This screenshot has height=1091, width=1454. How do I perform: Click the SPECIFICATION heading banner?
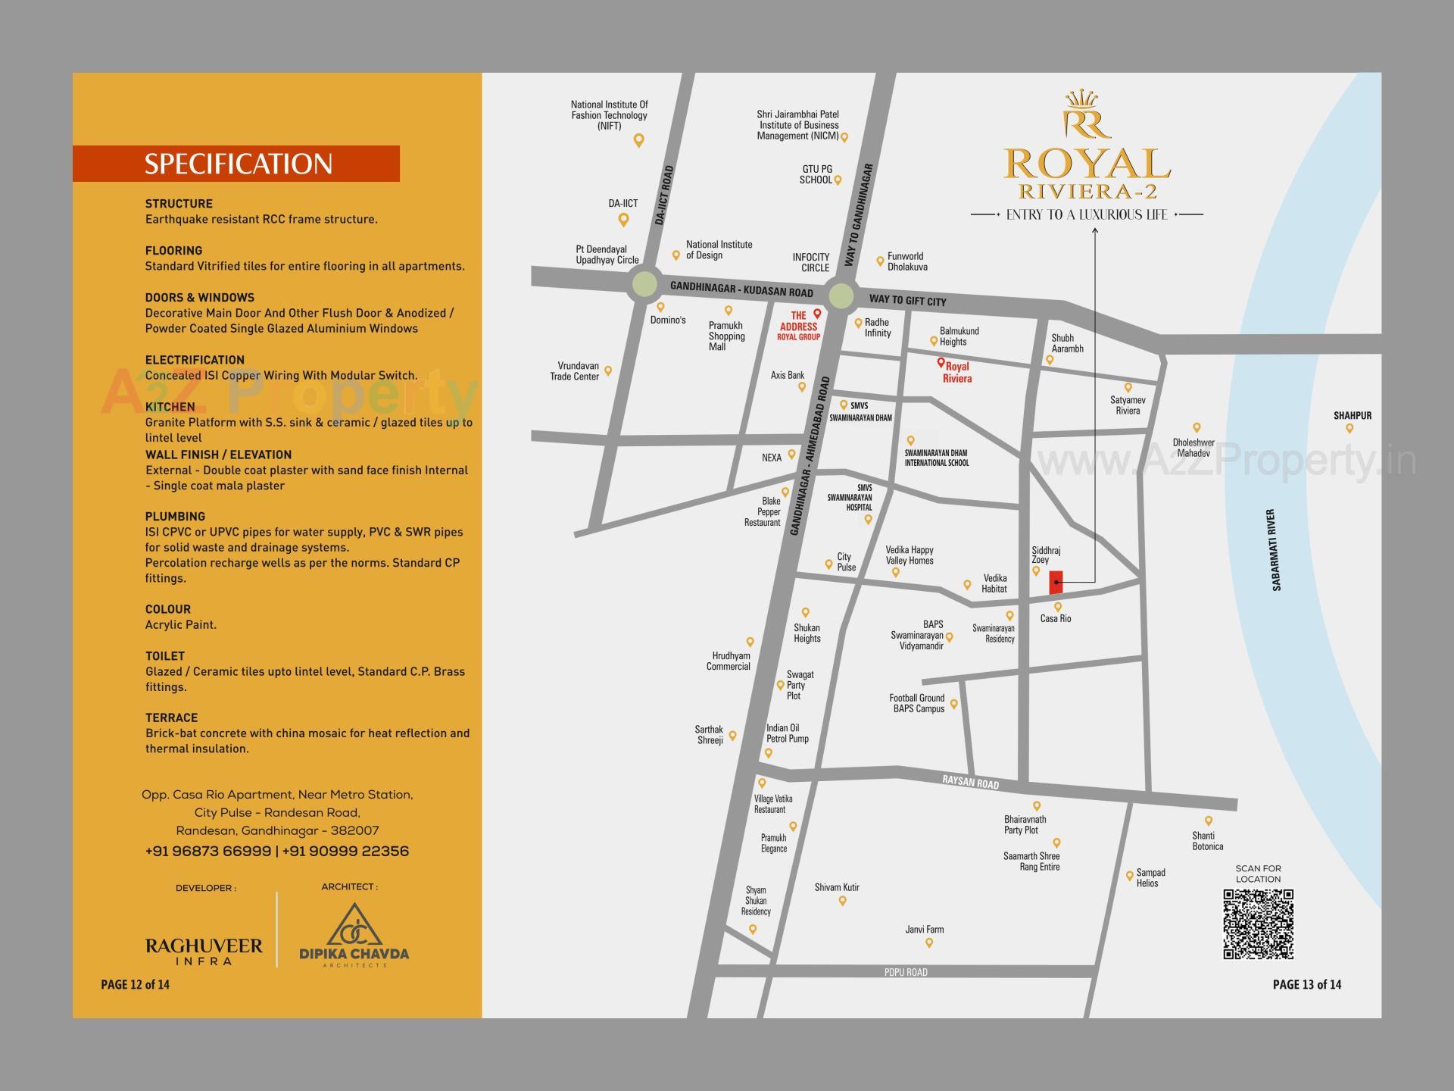[237, 164]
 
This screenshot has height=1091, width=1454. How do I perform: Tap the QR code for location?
[1258, 924]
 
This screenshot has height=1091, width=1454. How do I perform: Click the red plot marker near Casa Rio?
[1056, 582]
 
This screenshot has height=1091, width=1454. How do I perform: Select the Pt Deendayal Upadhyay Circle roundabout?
[644, 284]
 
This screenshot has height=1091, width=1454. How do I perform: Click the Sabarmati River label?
[1276, 549]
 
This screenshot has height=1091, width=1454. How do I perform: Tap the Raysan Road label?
[970, 782]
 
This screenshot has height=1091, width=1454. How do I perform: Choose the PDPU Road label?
[906, 972]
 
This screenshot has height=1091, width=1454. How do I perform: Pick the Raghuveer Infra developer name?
[204, 951]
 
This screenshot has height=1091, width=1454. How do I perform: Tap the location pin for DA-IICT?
[623, 220]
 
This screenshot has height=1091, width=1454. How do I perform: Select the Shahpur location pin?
[1349, 429]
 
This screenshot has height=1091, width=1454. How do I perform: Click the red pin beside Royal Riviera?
[941, 363]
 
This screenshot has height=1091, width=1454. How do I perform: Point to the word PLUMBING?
[175, 517]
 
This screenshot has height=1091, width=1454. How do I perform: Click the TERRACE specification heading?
[171, 717]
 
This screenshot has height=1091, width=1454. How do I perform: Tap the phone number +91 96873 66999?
[207, 851]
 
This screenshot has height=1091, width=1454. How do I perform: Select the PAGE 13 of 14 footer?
[1306, 984]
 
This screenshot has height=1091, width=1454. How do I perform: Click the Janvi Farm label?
[924, 930]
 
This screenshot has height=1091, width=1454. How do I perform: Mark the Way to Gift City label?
[907, 301]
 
